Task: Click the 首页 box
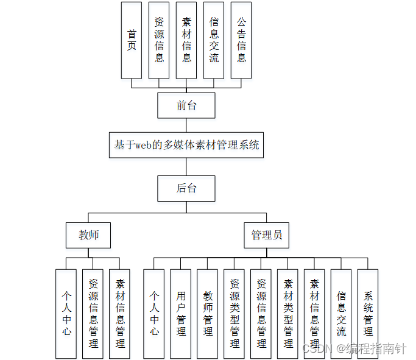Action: coord(132,40)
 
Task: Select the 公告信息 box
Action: coord(241,40)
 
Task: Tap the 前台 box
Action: coord(186,105)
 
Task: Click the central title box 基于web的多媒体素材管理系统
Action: coord(186,146)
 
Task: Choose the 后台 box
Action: coord(186,188)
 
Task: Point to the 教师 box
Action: coord(88,235)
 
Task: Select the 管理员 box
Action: coord(266,235)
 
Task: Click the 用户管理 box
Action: coord(181,313)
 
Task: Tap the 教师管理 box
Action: coord(208,313)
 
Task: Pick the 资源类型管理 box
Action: coord(234,313)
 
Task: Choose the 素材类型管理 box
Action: coord(288,313)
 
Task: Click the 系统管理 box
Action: coord(368,313)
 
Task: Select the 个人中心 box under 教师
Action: coord(66,313)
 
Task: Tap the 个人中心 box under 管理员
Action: coord(154,313)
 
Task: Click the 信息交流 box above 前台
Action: coord(214,40)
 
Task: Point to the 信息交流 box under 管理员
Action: coord(341,313)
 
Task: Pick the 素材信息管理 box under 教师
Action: coord(120,313)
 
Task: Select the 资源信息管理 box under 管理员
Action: coord(261,313)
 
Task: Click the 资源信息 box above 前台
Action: coord(159,40)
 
